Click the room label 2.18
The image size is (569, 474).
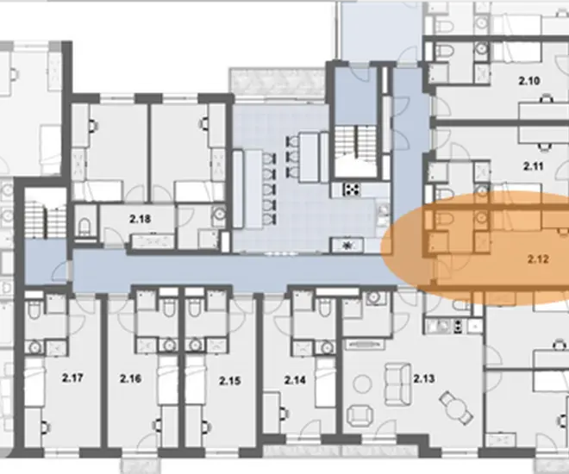(x=140, y=219)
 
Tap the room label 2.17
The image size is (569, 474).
(x=72, y=377)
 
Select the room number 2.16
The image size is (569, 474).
(x=130, y=379)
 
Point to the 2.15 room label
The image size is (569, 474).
(x=229, y=381)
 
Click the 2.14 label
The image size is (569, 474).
(x=295, y=380)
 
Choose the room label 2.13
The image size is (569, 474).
(x=424, y=379)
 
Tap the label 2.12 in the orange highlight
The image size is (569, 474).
(x=538, y=259)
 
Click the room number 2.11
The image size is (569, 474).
(x=533, y=166)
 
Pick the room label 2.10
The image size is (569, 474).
(x=529, y=80)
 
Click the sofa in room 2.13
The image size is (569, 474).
(x=397, y=384)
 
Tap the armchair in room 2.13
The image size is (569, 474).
(x=360, y=415)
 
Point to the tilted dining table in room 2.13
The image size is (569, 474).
(x=456, y=408)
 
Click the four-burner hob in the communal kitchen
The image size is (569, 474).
(x=352, y=189)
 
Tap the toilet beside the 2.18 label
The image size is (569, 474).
(x=84, y=226)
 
